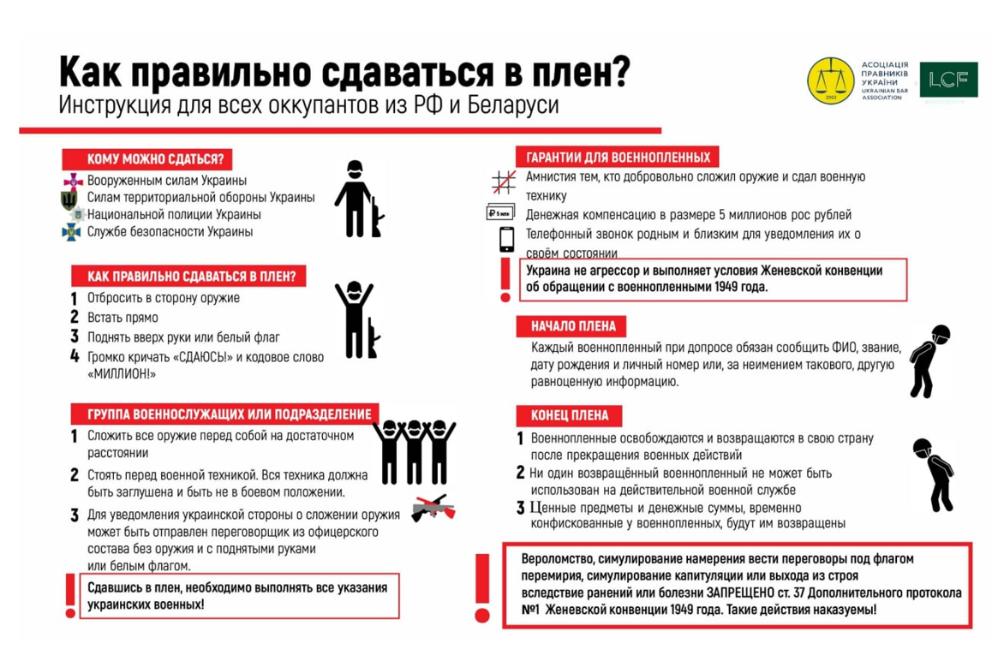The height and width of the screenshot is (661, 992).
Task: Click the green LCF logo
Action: [x=947, y=80]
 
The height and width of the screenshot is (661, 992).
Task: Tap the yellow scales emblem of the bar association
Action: [x=830, y=80]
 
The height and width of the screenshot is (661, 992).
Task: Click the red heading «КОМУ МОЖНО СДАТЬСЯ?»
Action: [x=148, y=159]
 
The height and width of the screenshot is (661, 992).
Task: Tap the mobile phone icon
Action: [x=506, y=239]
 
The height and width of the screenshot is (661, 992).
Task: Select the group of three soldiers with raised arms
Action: [x=414, y=451]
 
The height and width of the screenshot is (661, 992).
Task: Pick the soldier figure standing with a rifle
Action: [x=358, y=199]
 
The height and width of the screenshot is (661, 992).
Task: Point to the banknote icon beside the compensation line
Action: [x=499, y=212]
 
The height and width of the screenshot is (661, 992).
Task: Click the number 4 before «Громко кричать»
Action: [x=75, y=356]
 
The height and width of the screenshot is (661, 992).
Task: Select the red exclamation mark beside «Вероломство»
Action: [x=482, y=587]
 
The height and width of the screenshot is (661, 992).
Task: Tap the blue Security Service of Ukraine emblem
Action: [x=71, y=232]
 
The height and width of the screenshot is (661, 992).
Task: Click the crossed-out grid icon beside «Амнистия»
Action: [x=503, y=182]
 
